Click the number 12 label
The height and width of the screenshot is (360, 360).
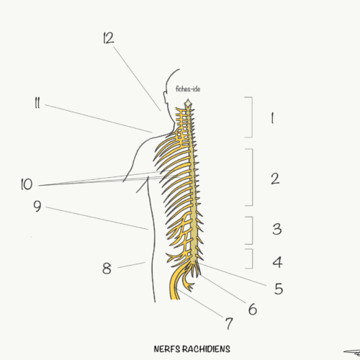click(109, 38)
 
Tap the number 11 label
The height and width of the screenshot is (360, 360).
click(37, 103)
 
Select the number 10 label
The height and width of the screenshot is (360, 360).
click(27, 184)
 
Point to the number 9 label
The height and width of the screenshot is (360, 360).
click(37, 206)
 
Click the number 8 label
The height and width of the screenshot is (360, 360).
click(107, 268)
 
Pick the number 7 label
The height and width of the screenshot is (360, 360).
click(229, 323)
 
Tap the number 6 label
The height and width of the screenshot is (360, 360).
click(253, 309)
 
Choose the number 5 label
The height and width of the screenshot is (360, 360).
click(279, 289)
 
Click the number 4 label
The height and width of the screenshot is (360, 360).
click(277, 262)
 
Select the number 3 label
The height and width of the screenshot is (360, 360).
click(277, 229)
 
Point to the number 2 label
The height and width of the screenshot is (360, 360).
click(275, 179)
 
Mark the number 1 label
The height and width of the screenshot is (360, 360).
click(272, 118)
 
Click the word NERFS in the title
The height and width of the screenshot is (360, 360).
click(167, 349)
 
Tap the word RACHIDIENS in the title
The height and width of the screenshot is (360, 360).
click(206, 349)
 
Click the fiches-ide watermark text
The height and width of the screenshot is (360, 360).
click(188, 89)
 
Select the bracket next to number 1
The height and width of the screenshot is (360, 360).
click(252, 117)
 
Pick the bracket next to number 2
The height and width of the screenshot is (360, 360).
click(253, 177)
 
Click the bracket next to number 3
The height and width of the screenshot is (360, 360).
click(253, 230)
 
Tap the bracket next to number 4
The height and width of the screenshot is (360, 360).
click(253, 258)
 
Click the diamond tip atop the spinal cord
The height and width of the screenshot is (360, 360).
click(188, 104)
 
